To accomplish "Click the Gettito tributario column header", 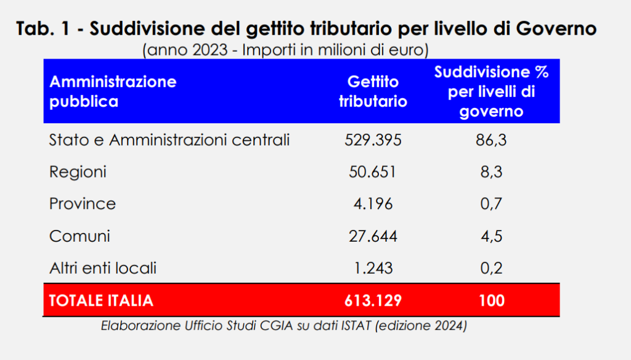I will click(x=373, y=91).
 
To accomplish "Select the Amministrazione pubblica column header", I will click(x=113, y=91).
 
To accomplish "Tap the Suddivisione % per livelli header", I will click(x=491, y=91).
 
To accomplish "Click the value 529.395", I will click(x=373, y=141).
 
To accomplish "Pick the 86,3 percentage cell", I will click(x=491, y=141).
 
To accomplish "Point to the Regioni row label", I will click(x=78, y=172).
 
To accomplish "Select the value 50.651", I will click(x=373, y=172).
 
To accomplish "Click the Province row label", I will click(x=83, y=204).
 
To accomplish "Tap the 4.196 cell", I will click(x=373, y=204).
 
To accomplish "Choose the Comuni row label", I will click(x=79, y=236).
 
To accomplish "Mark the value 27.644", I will click(x=373, y=236).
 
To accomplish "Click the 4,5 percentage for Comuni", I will click(x=491, y=236).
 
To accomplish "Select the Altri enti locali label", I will click(x=103, y=268).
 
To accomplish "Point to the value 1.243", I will click(x=373, y=268).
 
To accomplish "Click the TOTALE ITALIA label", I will click(x=101, y=300).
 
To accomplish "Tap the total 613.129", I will click(x=373, y=300).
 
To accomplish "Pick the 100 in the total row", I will click(x=491, y=300).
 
